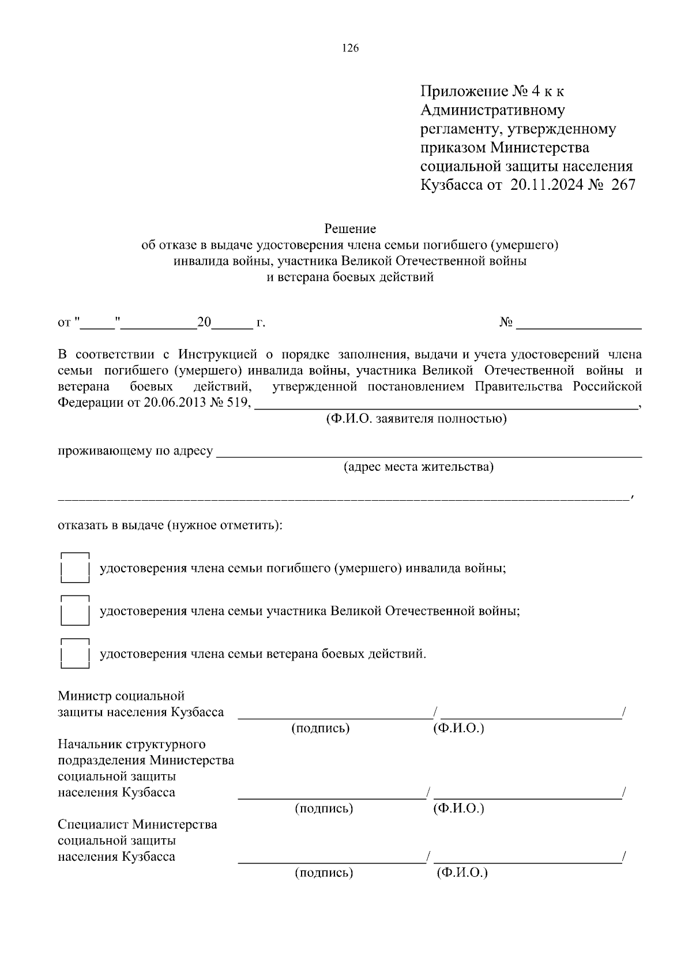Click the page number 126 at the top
[350, 48]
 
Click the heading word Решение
[350, 229]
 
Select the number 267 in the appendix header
[620, 185]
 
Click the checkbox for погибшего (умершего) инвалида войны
[75, 568]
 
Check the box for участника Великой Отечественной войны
[75, 611]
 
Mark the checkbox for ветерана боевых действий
[75, 654]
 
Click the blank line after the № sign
[579, 327]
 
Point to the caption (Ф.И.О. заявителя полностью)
[416, 418]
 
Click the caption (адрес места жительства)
[418, 467]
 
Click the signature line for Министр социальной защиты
[334, 716]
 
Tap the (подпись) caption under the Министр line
[321, 728]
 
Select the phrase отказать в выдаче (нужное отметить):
[170, 526]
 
